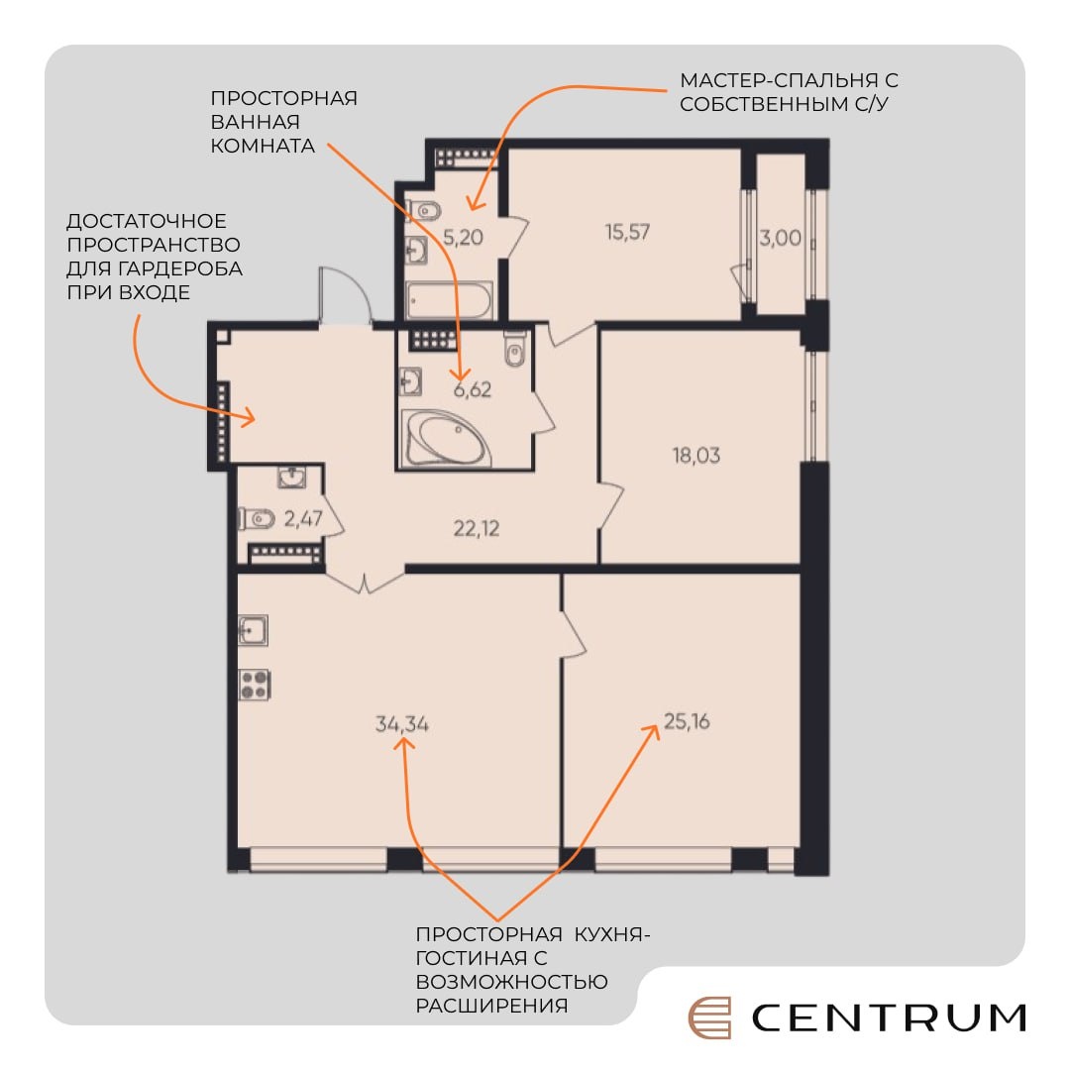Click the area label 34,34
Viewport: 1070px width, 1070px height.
click(x=402, y=723)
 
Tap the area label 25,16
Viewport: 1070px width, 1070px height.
click(x=687, y=721)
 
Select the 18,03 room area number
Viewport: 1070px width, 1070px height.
click(x=696, y=455)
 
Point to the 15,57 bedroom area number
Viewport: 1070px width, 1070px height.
click(x=627, y=232)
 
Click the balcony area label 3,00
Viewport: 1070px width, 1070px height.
click(x=780, y=238)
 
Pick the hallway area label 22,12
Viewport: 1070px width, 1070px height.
click(x=477, y=528)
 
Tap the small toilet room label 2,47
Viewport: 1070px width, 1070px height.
click(x=303, y=518)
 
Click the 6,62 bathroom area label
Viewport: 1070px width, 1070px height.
click(x=473, y=389)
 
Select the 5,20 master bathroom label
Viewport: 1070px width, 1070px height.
click(x=463, y=238)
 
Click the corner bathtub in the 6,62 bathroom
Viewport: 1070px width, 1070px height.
click(x=447, y=438)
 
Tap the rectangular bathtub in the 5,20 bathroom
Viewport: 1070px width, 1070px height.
click(x=449, y=300)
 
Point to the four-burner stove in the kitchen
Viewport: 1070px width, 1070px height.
click(x=254, y=686)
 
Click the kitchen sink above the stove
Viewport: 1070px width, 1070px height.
click(x=253, y=630)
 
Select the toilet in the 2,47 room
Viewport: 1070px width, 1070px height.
click(x=256, y=519)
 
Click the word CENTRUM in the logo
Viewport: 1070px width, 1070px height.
click(x=889, y=1017)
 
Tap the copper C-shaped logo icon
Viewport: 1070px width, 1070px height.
click(x=709, y=1017)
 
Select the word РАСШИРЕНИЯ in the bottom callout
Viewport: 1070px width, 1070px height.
click(x=491, y=1006)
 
